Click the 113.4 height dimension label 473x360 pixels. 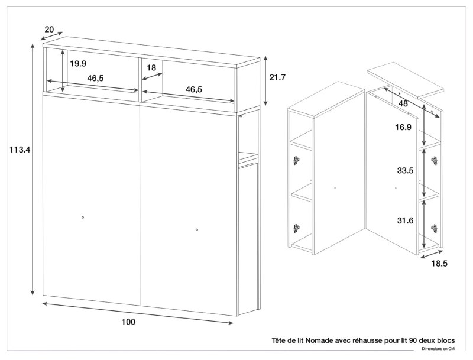point(20,150)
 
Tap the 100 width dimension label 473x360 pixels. point(128,322)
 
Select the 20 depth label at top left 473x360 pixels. point(50,30)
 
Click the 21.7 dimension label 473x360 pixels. point(277,77)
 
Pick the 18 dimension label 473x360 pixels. point(151,68)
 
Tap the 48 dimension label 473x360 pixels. point(403,103)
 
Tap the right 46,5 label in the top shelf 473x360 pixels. point(194,89)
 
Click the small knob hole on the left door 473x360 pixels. point(83,218)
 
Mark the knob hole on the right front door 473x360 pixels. point(197,229)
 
